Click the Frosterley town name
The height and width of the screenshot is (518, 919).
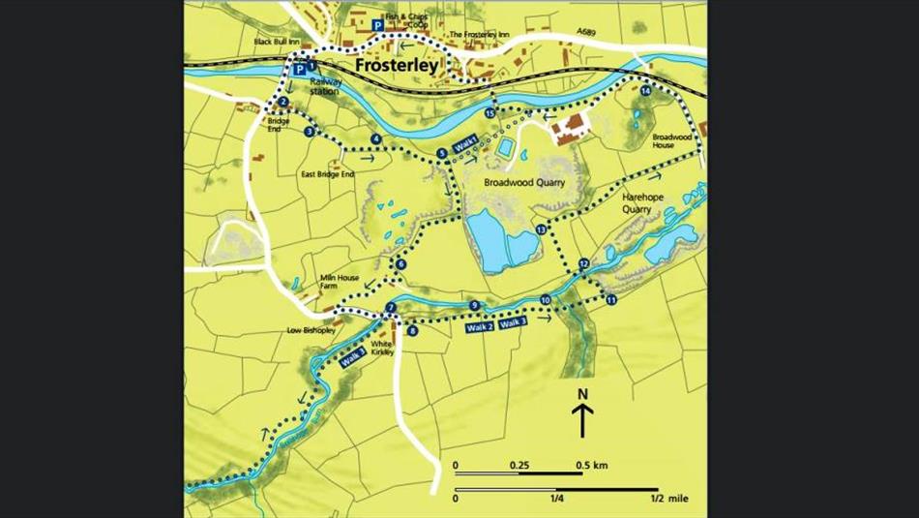(397, 67)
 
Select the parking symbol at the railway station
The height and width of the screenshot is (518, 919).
(301, 70)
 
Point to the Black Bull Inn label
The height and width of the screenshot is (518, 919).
(277, 42)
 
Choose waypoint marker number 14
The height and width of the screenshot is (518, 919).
(646, 91)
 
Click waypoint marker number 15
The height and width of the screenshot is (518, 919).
(490, 114)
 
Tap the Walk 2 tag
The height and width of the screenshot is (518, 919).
(480, 328)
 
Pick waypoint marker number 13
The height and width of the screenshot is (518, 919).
(541, 229)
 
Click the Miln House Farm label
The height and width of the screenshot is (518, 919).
(340, 281)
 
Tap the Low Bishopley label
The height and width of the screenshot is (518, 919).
(310, 330)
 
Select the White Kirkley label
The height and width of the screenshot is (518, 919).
(382, 349)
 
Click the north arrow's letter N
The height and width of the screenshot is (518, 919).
(582, 393)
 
